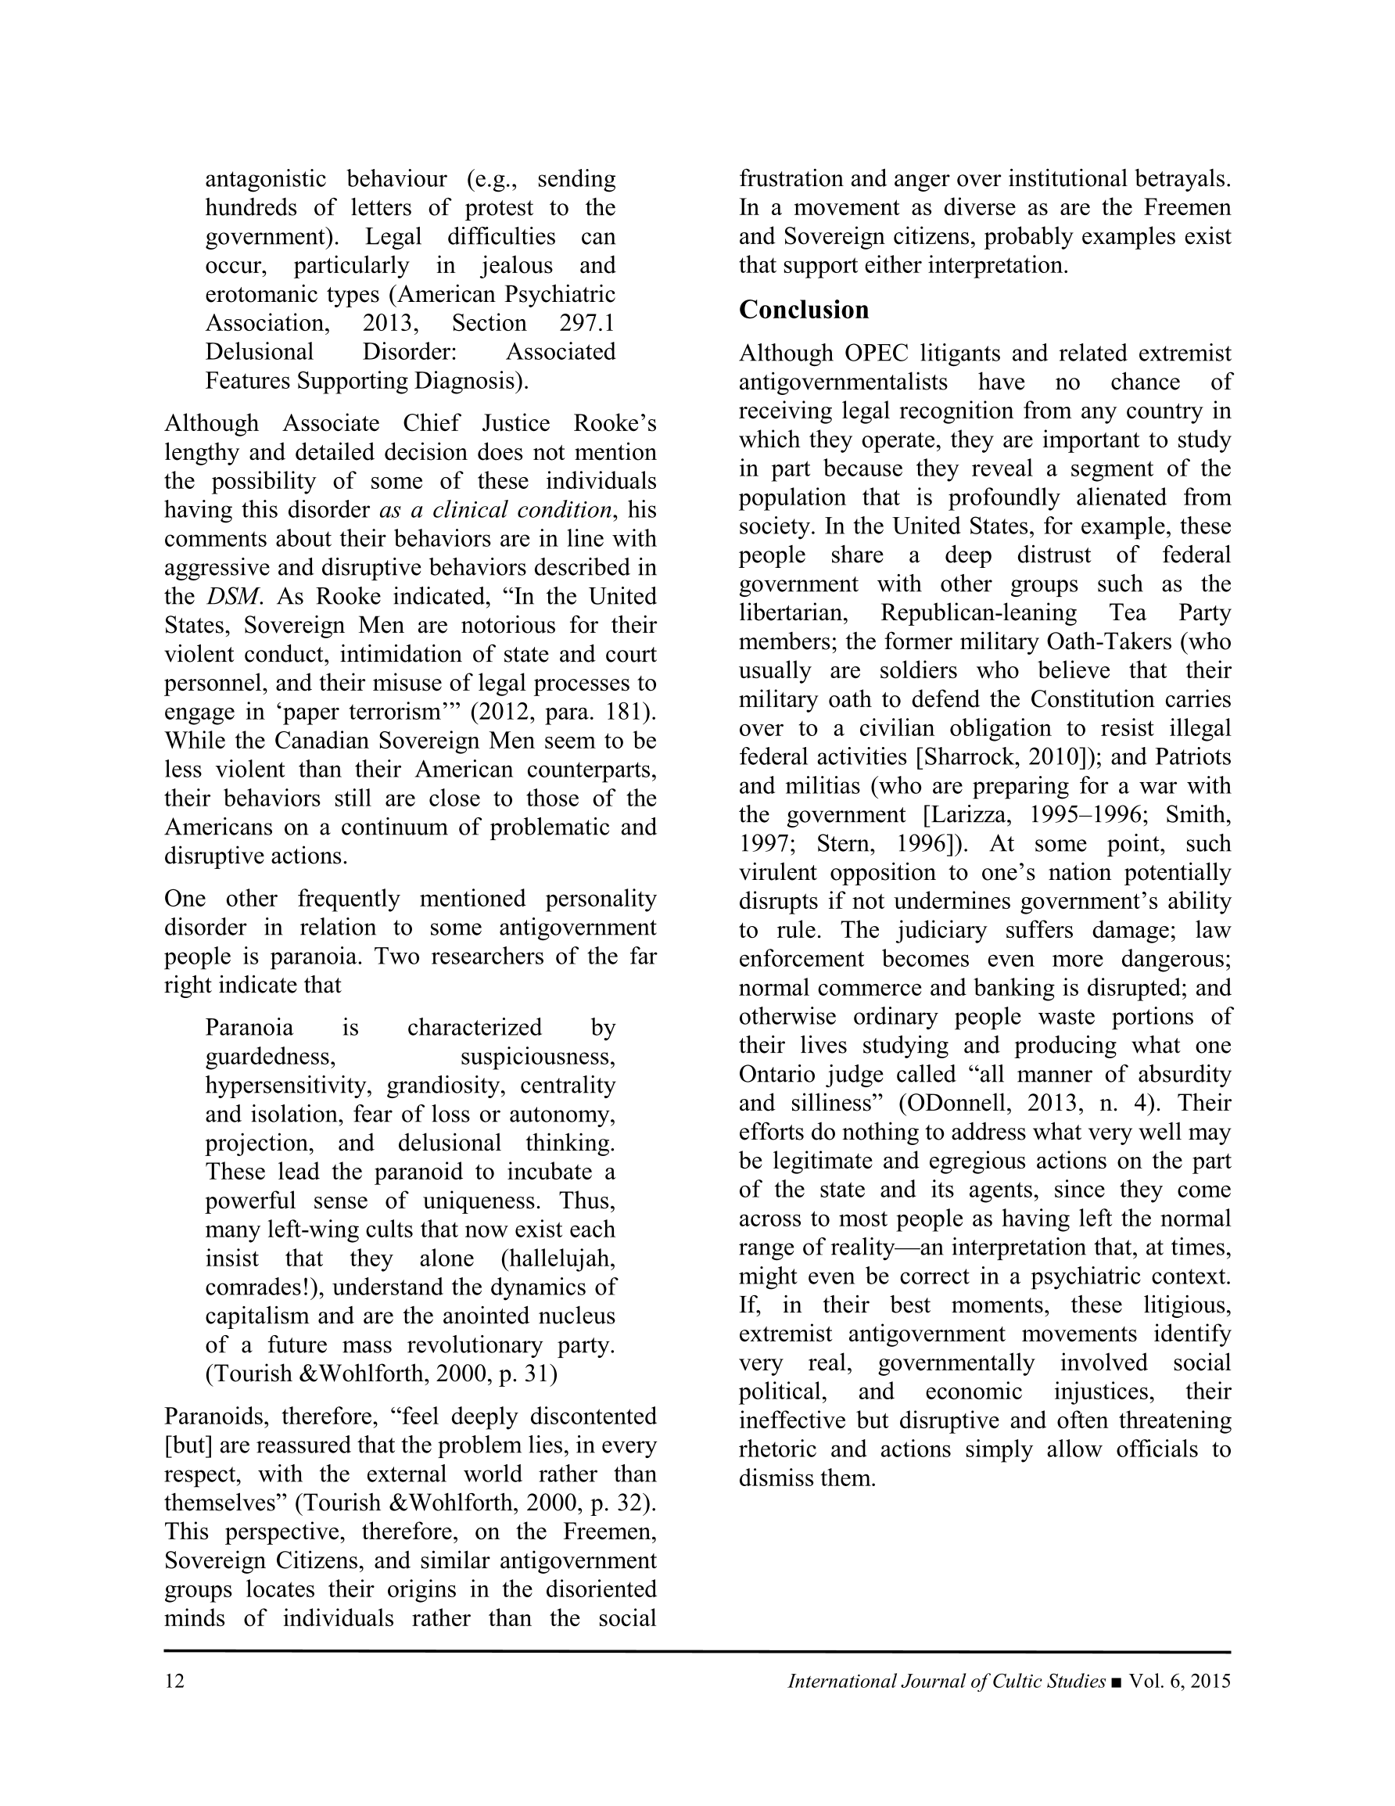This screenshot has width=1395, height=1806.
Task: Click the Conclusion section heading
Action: (x=804, y=309)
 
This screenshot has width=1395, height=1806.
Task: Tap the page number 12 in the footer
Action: (x=174, y=1681)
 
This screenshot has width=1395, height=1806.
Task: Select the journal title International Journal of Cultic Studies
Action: (x=946, y=1681)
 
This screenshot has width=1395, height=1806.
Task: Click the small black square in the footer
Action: (x=1117, y=1682)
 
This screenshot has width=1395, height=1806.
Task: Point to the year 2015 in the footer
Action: (x=1210, y=1681)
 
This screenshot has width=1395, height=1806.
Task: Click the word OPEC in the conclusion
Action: (x=877, y=353)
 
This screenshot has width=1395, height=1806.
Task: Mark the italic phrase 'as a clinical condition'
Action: (x=496, y=509)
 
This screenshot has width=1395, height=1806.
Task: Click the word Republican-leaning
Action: (x=978, y=612)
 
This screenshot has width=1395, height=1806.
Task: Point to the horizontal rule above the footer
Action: (x=697, y=1651)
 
